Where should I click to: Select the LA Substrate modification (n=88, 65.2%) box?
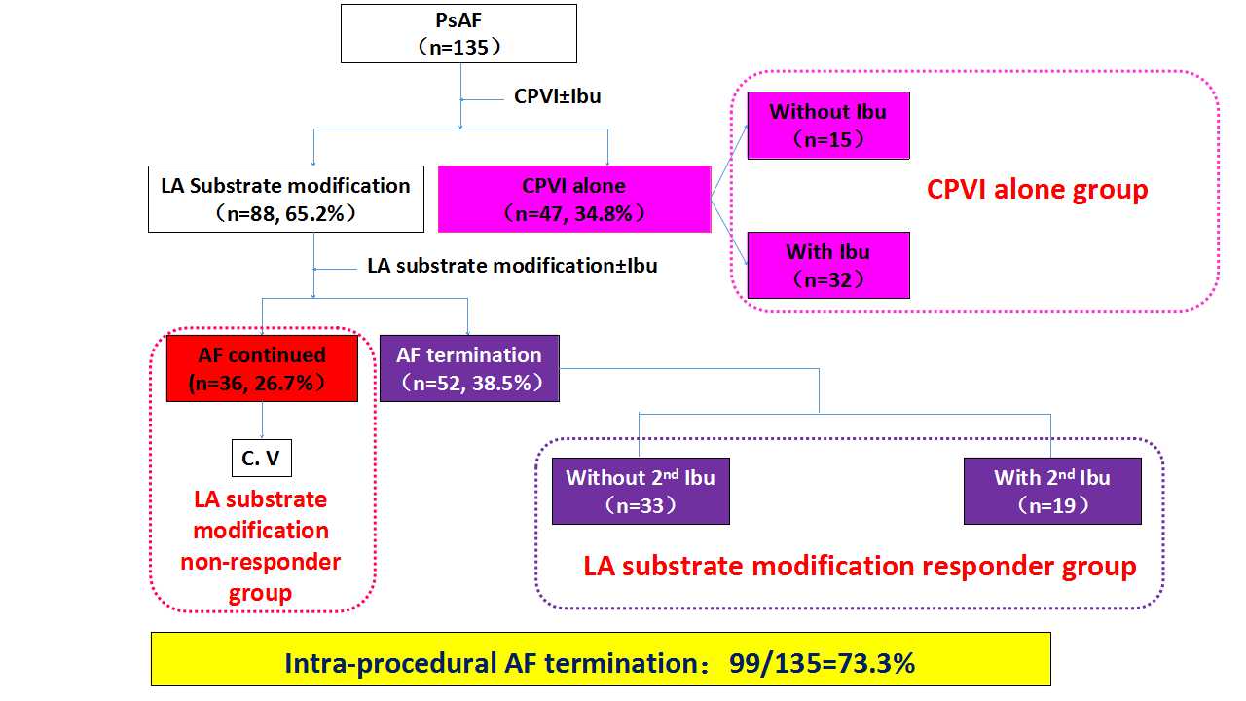(285, 199)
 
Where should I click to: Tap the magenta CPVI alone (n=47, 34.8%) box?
(573, 199)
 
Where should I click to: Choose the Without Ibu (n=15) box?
(827, 126)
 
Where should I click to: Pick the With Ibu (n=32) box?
(827, 265)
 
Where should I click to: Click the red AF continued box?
(262, 369)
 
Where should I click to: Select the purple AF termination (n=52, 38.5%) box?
(469, 369)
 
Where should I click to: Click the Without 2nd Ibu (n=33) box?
(641, 492)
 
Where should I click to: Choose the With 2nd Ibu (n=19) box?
(1051, 492)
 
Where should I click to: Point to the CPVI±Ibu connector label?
(557, 97)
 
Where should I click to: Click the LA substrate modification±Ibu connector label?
(512, 265)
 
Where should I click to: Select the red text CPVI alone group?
(1037, 189)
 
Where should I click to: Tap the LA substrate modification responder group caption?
(860, 566)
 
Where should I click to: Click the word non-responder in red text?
(261, 562)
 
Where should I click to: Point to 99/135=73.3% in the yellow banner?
(823, 663)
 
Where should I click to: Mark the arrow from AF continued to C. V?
(262, 421)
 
